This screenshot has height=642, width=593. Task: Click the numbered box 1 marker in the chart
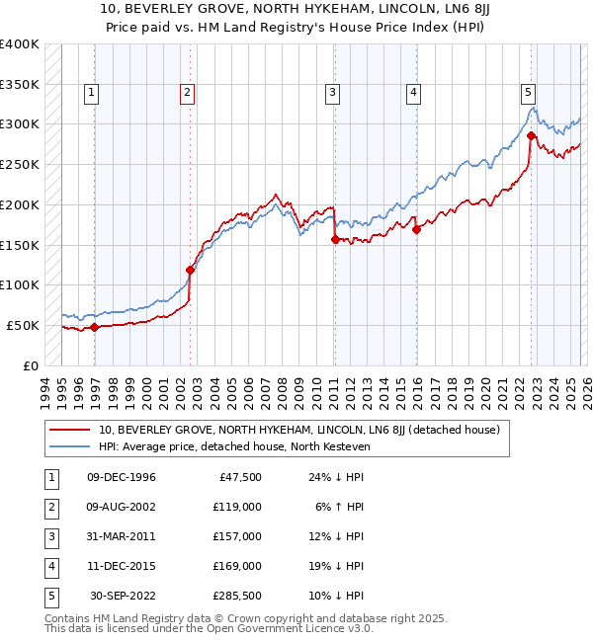click(91, 93)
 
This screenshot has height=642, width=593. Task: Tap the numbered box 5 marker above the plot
click(529, 93)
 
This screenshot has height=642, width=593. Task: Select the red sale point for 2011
click(335, 239)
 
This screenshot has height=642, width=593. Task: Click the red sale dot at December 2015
click(416, 229)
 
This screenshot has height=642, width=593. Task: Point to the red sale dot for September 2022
click(532, 135)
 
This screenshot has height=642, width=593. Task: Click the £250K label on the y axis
click(19, 164)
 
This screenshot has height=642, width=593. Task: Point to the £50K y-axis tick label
click(22, 325)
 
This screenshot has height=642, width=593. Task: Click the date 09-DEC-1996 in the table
click(122, 477)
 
